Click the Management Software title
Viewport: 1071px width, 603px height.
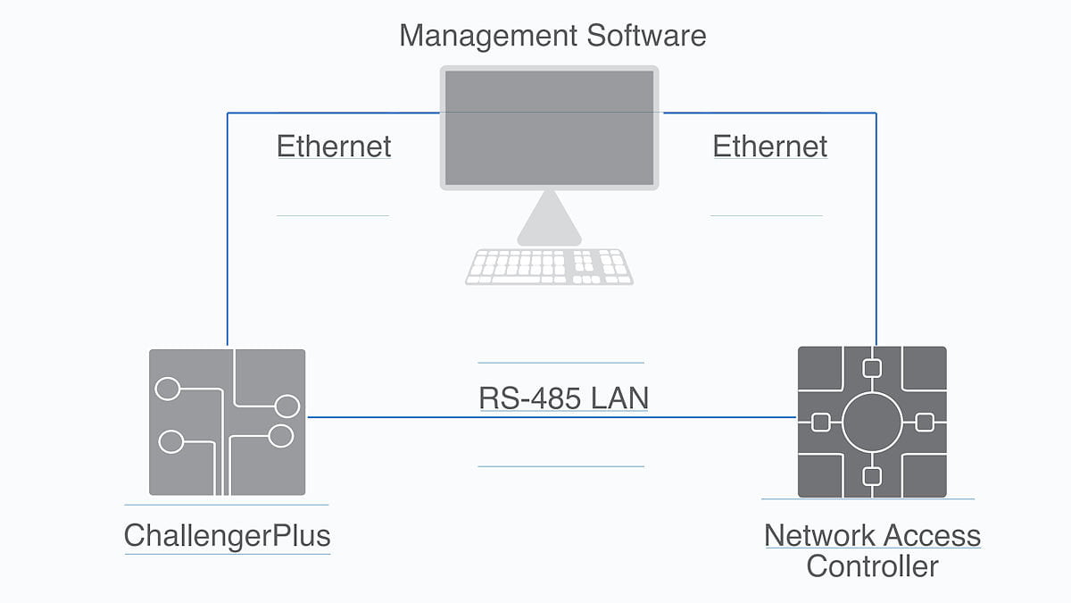pyautogui.click(x=552, y=36)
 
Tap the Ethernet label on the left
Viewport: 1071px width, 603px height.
pyautogui.click(x=334, y=147)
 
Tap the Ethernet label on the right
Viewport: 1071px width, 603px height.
pyautogui.click(x=769, y=147)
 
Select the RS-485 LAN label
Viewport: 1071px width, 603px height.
pyautogui.click(x=563, y=398)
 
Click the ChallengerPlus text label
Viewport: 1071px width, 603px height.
pyautogui.click(x=228, y=536)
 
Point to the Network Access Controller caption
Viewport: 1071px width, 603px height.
pyautogui.click(x=872, y=550)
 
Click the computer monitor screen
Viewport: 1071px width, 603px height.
pyautogui.click(x=549, y=128)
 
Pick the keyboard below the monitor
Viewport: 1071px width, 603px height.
pyautogui.click(x=549, y=266)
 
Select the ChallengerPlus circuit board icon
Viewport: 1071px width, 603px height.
pyautogui.click(x=227, y=422)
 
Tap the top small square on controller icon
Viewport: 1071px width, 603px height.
pyautogui.click(x=872, y=367)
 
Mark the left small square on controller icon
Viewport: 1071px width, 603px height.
pyautogui.click(x=818, y=422)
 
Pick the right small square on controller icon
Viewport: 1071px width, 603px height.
pyautogui.click(x=926, y=422)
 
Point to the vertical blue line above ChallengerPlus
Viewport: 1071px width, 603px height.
pyautogui.click(x=228, y=232)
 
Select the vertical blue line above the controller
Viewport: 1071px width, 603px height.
pyautogui.click(x=876, y=232)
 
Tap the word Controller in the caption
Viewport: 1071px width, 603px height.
pyautogui.click(x=872, y=566)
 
